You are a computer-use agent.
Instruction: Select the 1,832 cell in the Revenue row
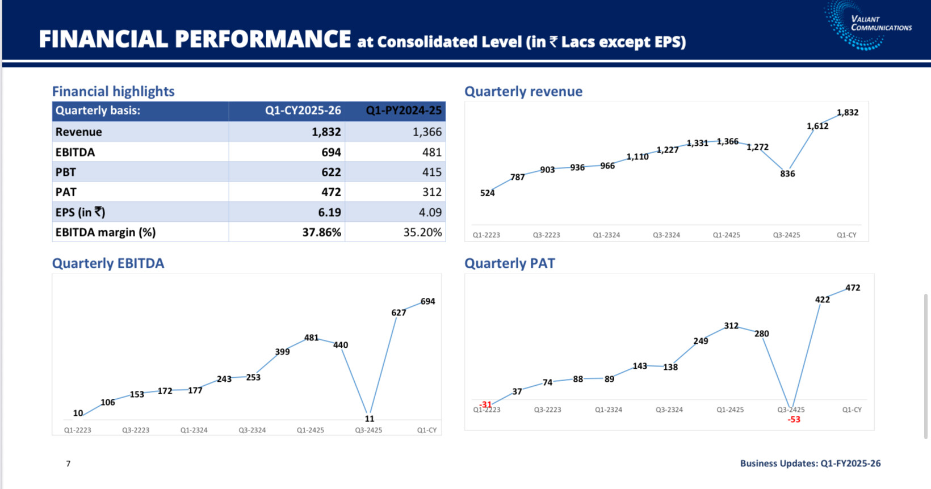(x=326, y=132)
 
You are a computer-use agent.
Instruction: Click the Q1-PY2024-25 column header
(x=403, y=111)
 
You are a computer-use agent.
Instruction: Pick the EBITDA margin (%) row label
(x=106, y=232)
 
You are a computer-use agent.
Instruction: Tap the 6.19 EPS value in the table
(x=329, y=212)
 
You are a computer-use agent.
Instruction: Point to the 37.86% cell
(x=321, y=232)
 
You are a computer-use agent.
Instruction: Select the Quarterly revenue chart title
(x=523, y=91)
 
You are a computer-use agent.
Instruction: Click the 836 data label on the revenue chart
(x=787, y=174)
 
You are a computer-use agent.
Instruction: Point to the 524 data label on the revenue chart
(x=487, y=193)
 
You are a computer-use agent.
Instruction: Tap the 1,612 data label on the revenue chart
(x=817, y=126)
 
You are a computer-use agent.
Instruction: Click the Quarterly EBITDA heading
(x=108, y=263)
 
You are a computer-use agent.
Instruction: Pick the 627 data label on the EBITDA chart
(x=399, y=313)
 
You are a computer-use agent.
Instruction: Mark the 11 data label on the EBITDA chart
(x=370, y=419)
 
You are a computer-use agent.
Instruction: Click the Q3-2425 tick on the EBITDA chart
(x=368, y=430)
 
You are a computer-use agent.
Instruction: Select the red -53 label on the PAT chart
(x=794, y=420)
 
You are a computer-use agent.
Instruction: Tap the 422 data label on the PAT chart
(x=822, y=300)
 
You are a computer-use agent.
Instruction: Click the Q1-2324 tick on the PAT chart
(x=608, y=410)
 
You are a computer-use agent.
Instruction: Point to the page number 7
(x=68, y=463)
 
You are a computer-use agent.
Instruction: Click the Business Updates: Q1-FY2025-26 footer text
(x=810, y=463)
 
